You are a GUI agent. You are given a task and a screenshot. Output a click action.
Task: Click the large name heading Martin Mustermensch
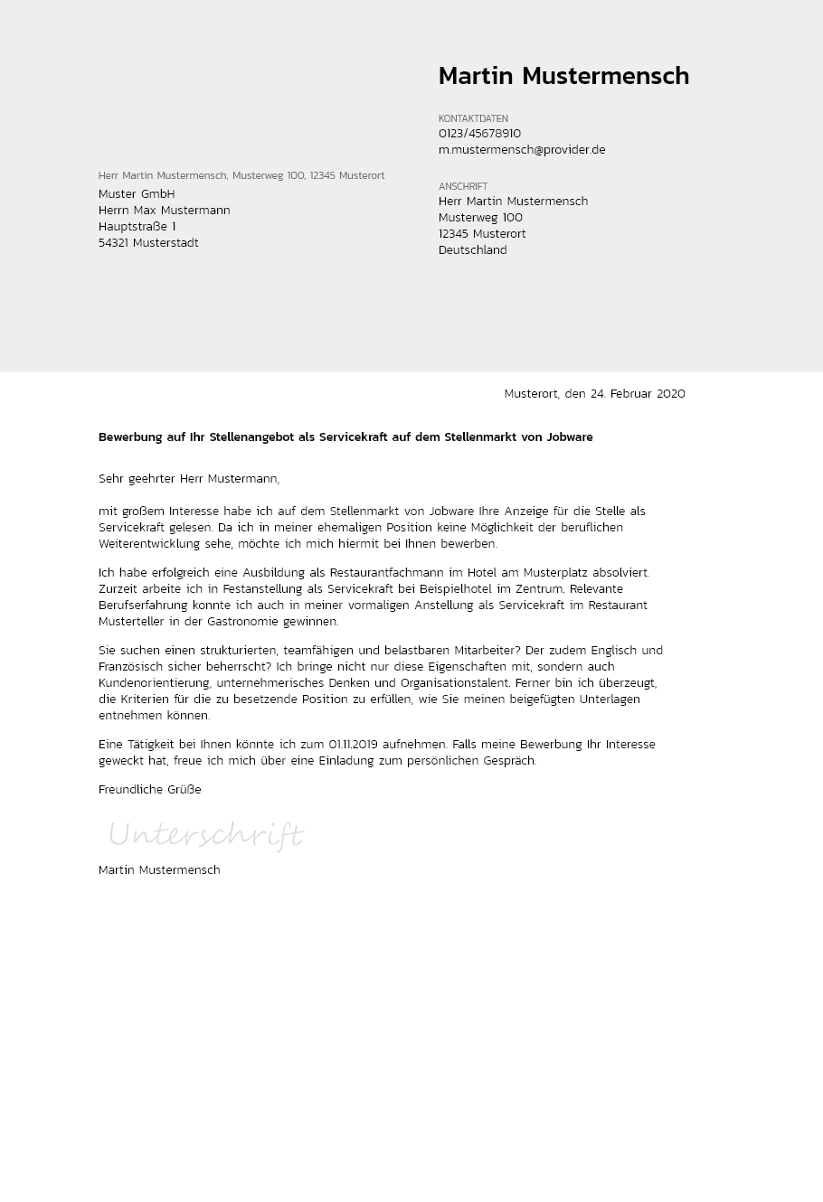(x=563, y=77)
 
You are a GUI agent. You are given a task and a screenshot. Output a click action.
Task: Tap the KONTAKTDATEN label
(x=473, y=118)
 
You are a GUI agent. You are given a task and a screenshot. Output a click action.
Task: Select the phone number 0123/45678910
(x=479, y=134)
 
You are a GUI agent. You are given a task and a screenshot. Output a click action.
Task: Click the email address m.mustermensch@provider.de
(x=522, y=150)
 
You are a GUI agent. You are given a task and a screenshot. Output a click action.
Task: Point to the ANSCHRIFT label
(x=463, y=186)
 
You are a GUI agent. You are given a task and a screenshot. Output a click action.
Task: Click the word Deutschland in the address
(x=472, y=250)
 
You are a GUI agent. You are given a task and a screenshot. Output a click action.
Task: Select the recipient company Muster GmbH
(x=137, y=194)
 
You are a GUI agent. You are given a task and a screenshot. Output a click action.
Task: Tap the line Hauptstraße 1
(x=137, y=227)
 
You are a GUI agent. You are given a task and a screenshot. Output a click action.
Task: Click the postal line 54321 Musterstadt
(x=148, y=243)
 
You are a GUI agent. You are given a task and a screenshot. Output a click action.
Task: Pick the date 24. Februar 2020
(x=638, y=394)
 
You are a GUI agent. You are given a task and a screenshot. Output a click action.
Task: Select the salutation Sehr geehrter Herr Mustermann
(x=189, y=479)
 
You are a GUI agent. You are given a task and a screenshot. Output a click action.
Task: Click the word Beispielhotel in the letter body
(x=449, y=589)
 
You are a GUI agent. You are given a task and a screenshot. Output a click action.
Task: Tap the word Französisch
(x=130, y=667)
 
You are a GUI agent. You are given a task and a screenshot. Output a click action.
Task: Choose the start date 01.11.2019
(x=353, y=745)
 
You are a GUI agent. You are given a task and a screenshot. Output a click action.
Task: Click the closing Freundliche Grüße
(x=150, y=790)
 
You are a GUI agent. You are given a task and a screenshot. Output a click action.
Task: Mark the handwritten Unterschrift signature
(x=206, y=834)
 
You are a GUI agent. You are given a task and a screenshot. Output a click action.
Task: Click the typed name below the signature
(x=159, y=870)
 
